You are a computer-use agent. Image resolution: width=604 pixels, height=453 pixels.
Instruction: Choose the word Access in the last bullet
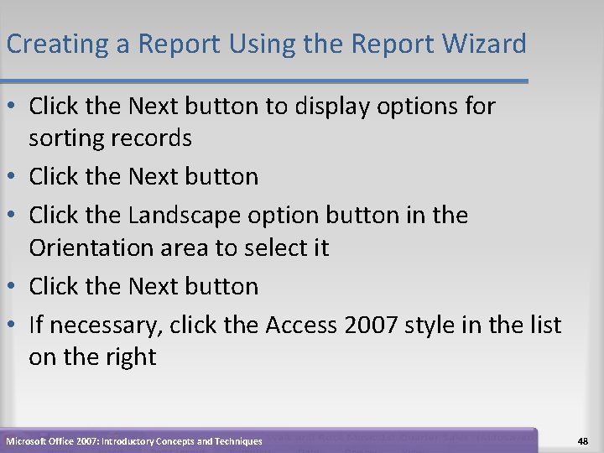click(x=301, y=325)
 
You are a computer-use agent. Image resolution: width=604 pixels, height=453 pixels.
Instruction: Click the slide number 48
click(x=583, y=440)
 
